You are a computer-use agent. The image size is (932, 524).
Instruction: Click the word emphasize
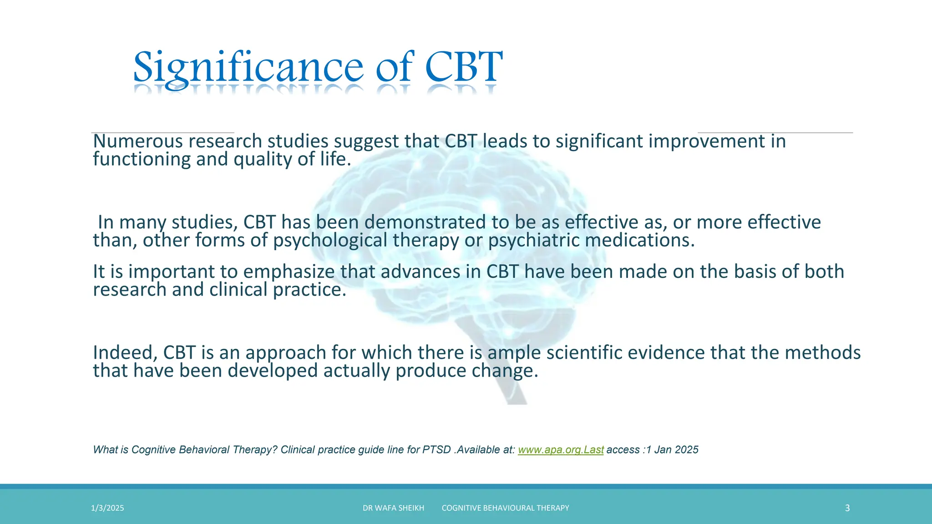(289, 272)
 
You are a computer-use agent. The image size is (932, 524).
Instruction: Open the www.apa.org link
(561, 450)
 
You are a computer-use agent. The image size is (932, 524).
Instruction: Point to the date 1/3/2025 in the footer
(107, 508)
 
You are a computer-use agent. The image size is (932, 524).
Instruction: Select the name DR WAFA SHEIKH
(393, 508)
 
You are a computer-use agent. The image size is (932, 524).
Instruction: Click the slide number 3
(847, 508)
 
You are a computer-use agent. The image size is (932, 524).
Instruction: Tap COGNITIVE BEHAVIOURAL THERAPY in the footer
(505, 508)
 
